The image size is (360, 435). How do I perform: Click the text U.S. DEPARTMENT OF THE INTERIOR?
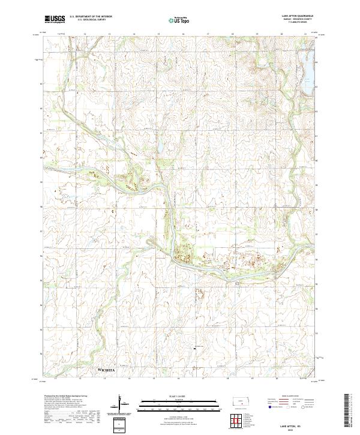[89, 17]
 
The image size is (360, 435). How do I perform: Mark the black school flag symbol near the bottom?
[194, 347]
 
